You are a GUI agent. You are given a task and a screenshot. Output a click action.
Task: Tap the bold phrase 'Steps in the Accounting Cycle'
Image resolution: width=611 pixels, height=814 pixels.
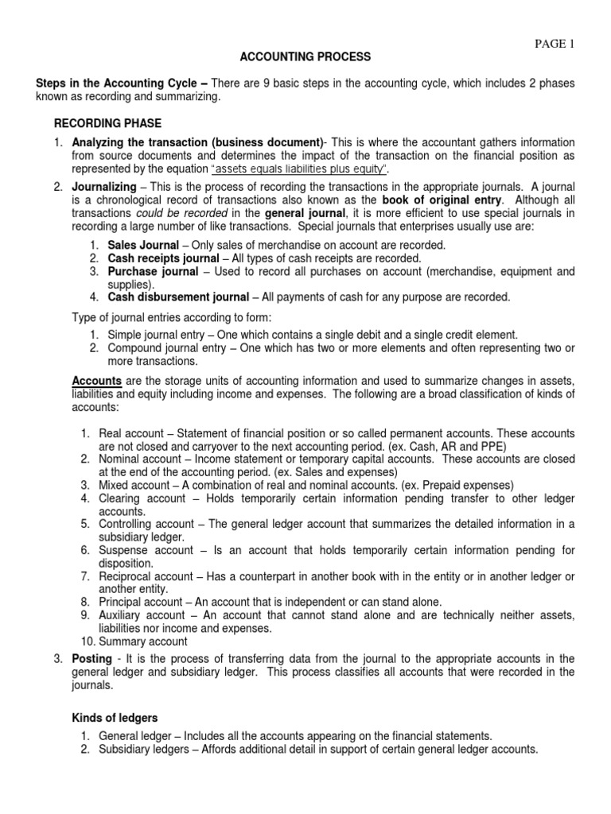point(117,83)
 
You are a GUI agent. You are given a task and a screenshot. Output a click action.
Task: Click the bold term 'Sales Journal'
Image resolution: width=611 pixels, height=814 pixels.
point(143,245)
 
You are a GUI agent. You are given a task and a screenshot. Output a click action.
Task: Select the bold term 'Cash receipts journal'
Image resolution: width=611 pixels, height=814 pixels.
point(163,258)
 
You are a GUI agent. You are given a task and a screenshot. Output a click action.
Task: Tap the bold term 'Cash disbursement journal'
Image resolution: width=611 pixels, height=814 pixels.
point(178,297)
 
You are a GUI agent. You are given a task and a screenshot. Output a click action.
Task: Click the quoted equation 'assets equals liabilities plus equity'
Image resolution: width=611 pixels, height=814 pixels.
point(298,169)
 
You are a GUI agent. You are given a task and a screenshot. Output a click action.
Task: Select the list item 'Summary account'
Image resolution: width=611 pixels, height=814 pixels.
point(143,641)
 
